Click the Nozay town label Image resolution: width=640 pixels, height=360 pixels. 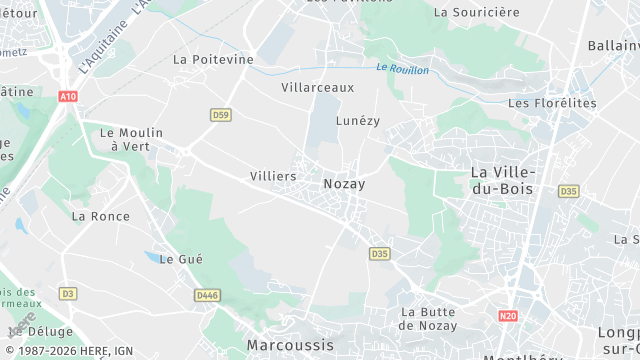(344, 184)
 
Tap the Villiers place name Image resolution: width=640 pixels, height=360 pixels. (273, 176)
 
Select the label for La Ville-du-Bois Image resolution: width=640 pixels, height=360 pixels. (503, 180)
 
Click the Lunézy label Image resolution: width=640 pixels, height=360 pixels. (358, 120)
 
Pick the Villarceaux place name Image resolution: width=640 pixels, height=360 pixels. (317, 87)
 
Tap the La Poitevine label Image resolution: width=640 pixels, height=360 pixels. (213, 59)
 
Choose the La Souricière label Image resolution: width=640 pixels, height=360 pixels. (477, 12)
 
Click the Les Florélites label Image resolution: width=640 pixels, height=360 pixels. (552, 103)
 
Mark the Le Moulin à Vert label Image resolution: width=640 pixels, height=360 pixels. (130, 139)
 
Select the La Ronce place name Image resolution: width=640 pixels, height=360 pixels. (101, 215)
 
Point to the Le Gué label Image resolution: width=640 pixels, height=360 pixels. (181, 258)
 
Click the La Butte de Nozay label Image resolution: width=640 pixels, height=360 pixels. (428, 318)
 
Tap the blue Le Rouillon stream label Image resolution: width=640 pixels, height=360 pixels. (403, 68)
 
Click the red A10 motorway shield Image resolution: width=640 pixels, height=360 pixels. (67, 97)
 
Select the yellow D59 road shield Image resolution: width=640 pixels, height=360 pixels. (221, 115)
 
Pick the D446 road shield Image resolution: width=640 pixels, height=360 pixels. (208, 295)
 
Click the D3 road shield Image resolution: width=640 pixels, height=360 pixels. (67, 293)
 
